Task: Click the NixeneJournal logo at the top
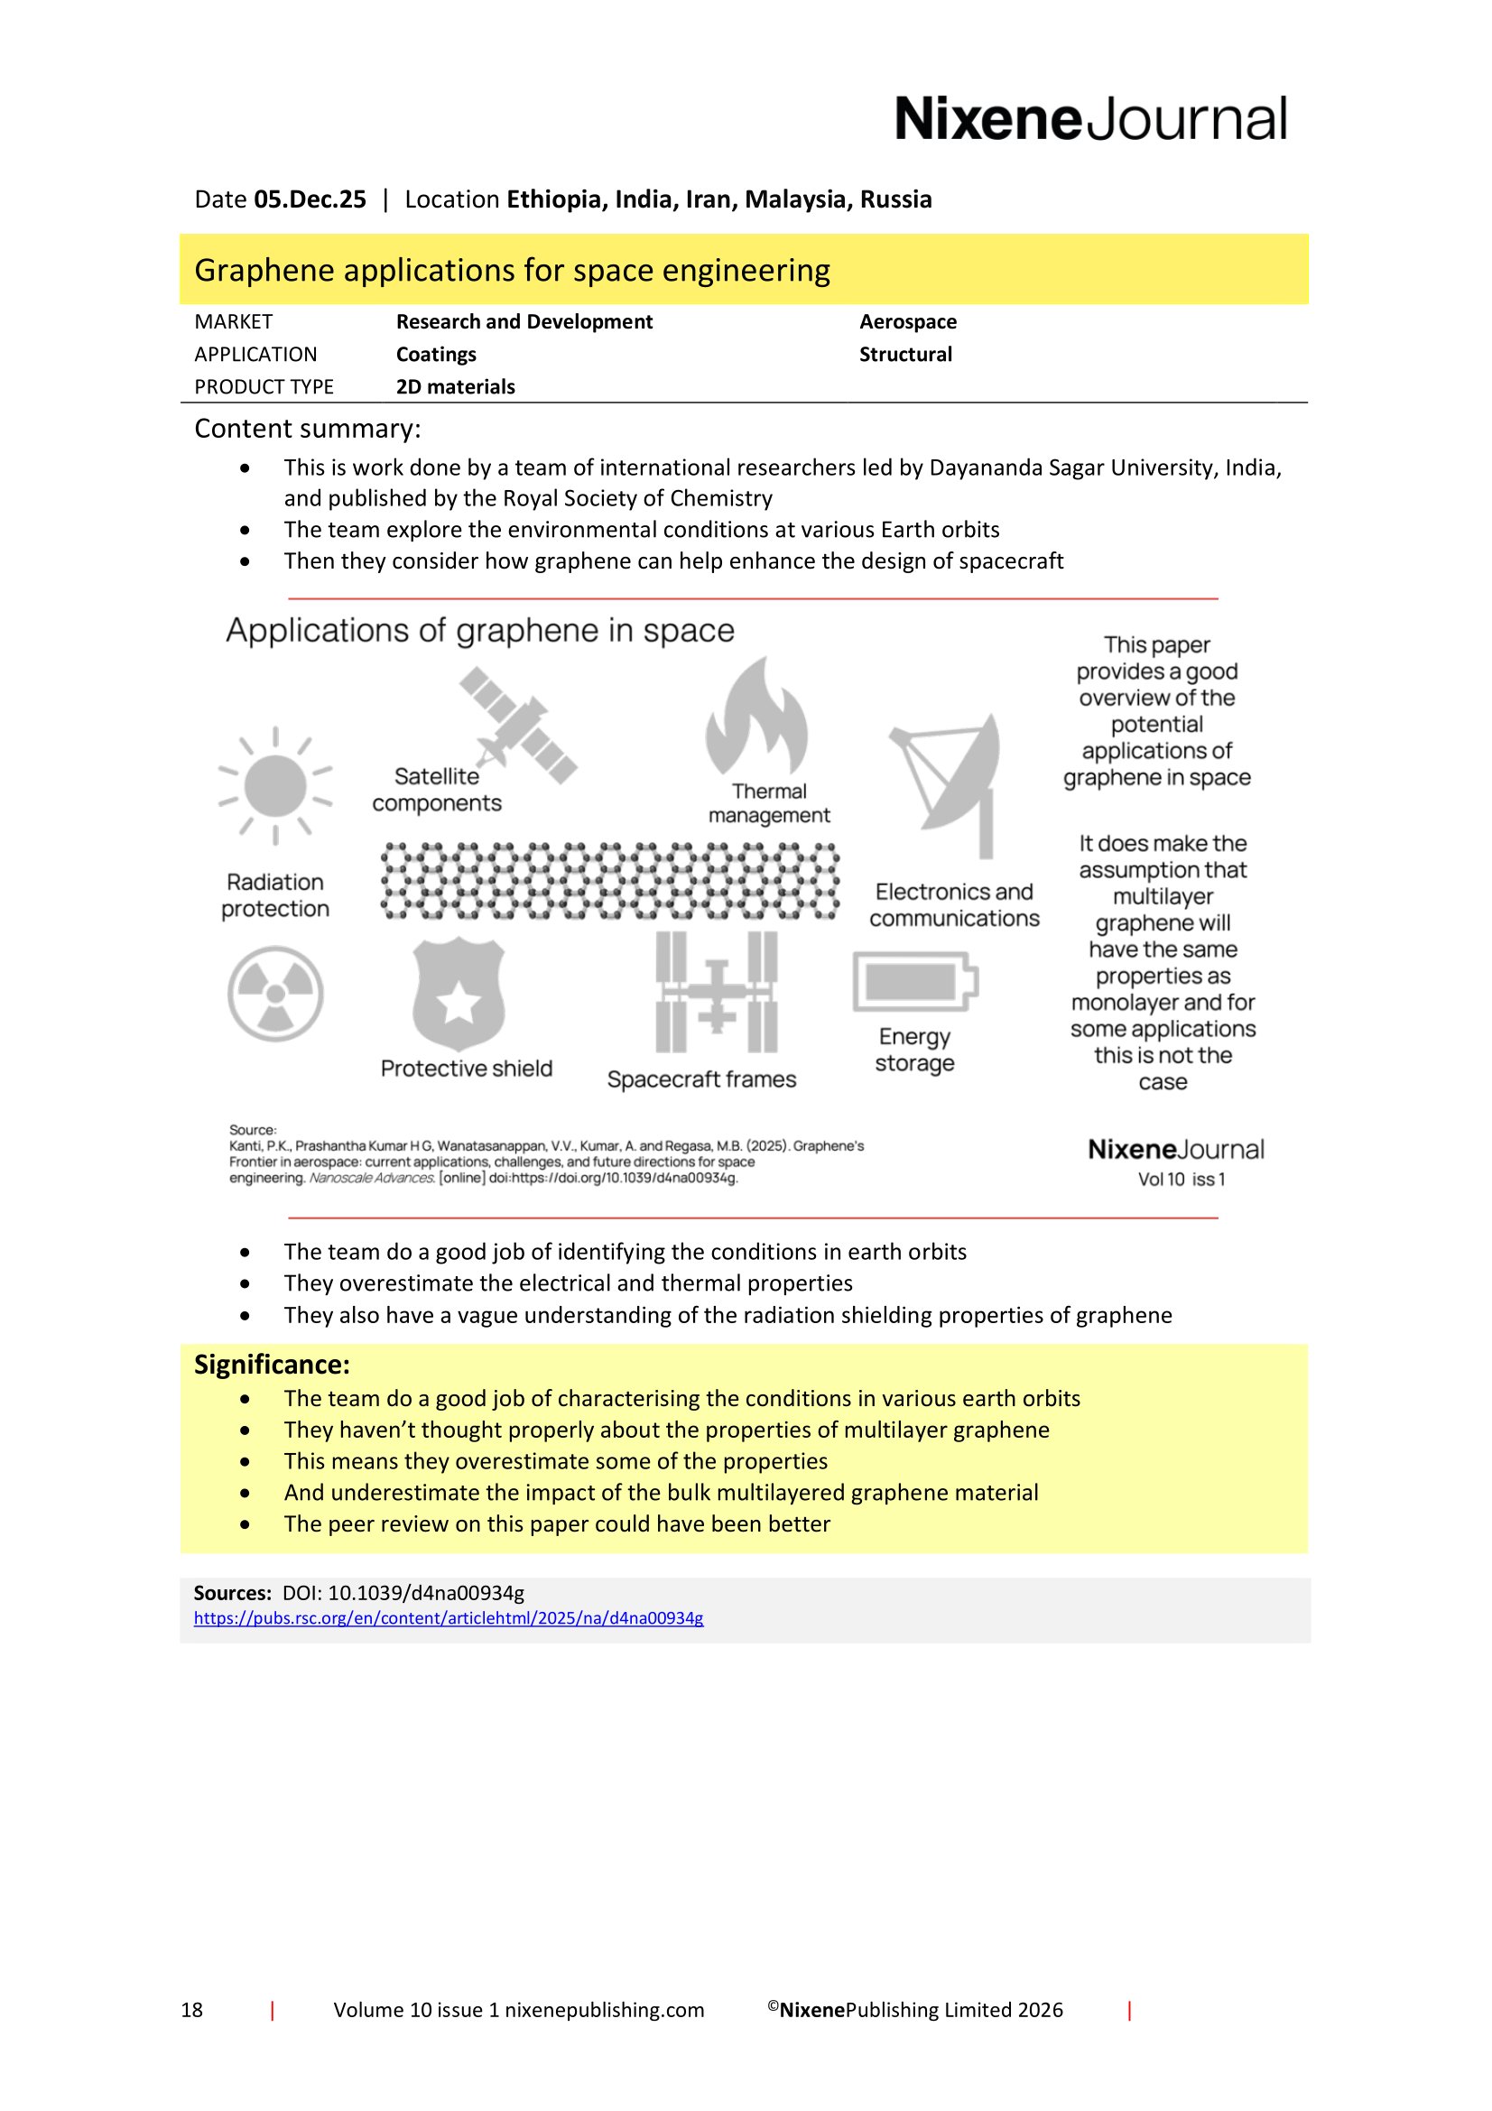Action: coord(1090,118)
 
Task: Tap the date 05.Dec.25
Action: coord(310,199)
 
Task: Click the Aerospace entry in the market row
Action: coord(907,322)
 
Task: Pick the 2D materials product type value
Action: coord(455,387)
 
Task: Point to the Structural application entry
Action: coord(904,355)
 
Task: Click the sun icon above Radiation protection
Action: coord(275,786)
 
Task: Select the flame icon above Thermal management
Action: coord(756,717)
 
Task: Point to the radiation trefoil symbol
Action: coord(275,994)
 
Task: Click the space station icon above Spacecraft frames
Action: coord(716,993)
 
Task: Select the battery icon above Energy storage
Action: coord(913,982)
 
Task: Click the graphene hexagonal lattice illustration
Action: coord(609,882)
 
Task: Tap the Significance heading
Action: coord(271,1365)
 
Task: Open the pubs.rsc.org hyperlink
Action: coord(448,1618)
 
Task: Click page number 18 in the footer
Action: coord(191,2010)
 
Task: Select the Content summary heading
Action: coord(307,430)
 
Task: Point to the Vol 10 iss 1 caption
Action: coord(1181,1180)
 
